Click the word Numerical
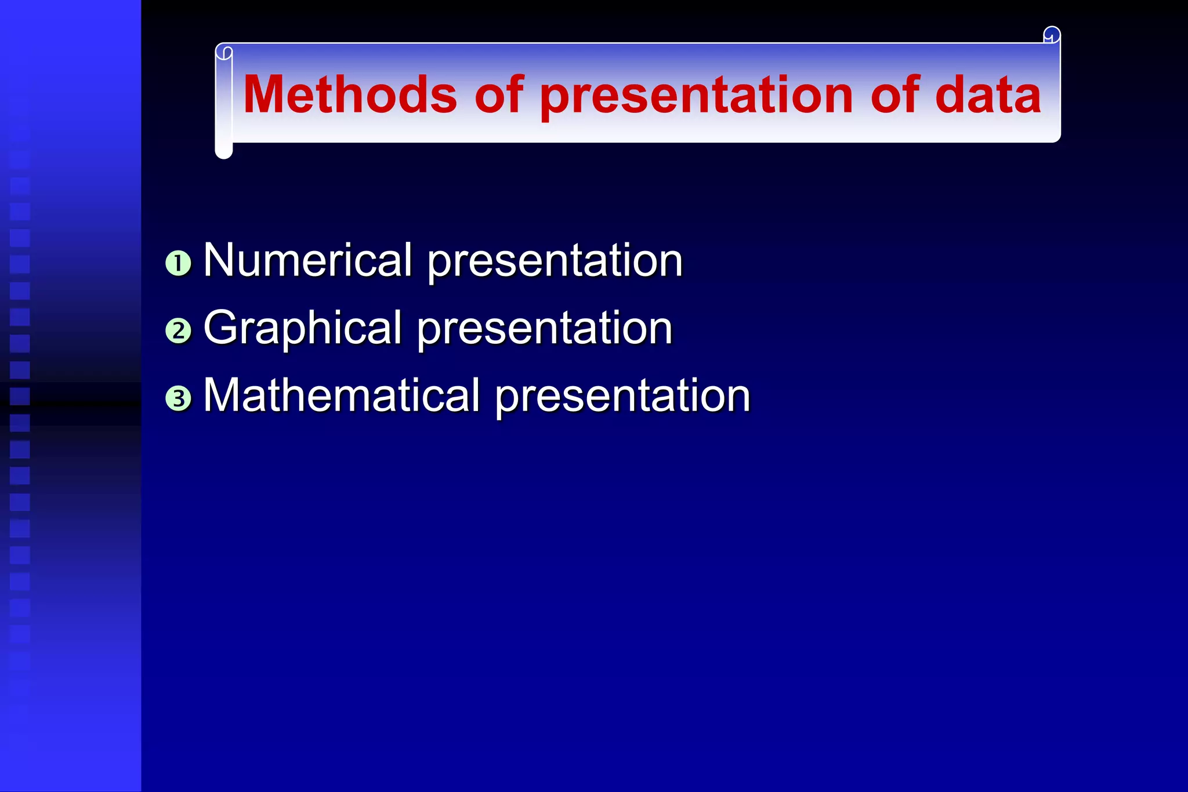307,260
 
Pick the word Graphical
302,328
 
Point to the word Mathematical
341,395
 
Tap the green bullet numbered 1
178,263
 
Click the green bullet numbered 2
178,331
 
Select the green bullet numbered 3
178,399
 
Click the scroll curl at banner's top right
1052,35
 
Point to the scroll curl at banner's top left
224,53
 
